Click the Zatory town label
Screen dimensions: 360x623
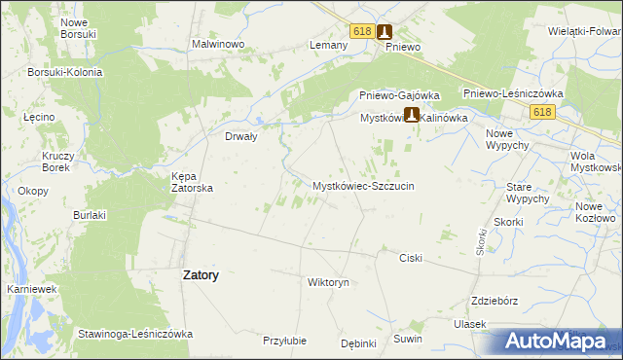(x=201, y=275)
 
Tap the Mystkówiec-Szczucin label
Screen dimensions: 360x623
(x=363, y=185)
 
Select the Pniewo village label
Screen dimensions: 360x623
(x=402, y=47)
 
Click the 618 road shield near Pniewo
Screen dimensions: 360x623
(x=362, y=31)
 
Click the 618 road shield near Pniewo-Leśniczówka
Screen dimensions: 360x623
(x=543, y=113)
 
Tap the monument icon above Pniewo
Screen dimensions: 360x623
(x=385, y=31)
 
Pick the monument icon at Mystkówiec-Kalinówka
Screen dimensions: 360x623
(x=412, y=115)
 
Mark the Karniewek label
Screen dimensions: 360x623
(x=29, y=290)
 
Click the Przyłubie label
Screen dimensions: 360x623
(x=285, y=341)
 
